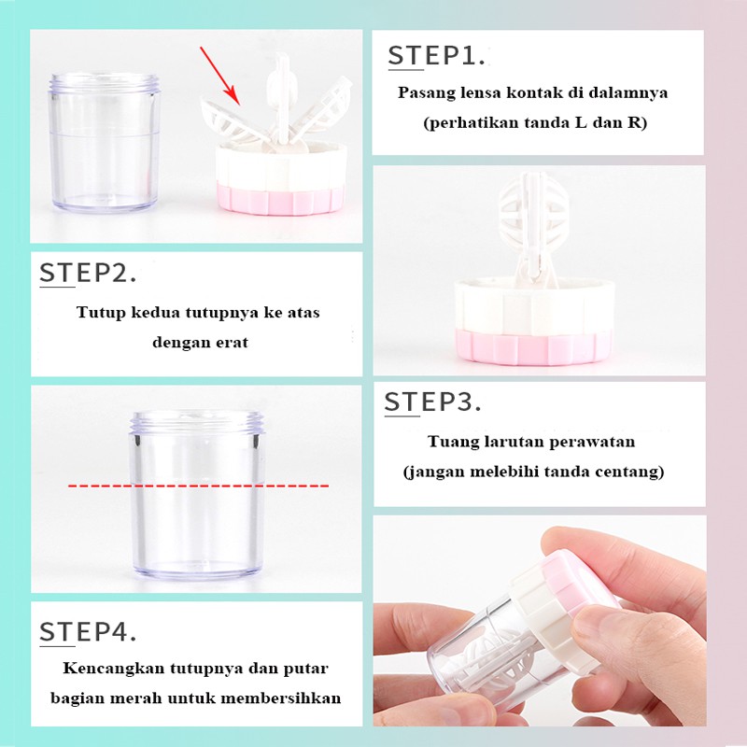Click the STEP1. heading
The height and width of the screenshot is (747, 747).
436,56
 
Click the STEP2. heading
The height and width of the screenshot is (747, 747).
88,274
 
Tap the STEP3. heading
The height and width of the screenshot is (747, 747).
432,402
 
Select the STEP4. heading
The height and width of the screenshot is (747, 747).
88,632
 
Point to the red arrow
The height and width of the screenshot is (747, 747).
220,77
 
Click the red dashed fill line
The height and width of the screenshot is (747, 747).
198,486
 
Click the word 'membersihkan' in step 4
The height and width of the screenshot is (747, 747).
281,698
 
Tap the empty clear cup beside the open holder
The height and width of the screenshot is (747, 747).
105,142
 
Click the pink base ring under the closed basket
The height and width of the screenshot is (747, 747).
533,346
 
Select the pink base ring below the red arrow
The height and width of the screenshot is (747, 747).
280,198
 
